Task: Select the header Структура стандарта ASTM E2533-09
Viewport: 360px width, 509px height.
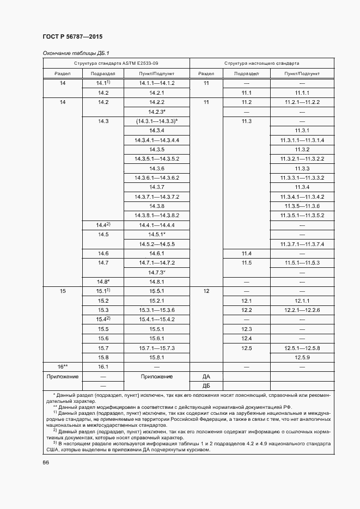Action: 116,64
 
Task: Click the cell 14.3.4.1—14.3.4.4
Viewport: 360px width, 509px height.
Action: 157,140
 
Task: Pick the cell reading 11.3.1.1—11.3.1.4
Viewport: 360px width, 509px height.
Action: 302,140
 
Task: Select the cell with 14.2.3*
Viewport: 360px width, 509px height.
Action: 157,112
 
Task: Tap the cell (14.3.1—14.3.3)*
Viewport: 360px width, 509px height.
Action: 157,121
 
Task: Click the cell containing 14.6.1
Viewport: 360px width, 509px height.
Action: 157,254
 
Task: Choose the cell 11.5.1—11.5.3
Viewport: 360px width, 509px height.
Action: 302,263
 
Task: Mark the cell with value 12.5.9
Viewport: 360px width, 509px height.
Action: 302,357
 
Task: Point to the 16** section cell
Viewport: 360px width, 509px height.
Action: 62,367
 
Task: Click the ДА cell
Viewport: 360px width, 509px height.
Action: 206,376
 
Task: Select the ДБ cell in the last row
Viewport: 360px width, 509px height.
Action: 206,385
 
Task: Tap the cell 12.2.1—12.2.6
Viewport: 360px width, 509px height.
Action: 302,310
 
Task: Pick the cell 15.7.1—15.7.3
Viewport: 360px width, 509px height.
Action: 157,347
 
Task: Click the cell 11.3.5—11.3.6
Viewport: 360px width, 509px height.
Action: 302,206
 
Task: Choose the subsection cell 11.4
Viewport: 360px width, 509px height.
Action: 246,254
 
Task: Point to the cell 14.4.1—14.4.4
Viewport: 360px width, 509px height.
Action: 157,225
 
